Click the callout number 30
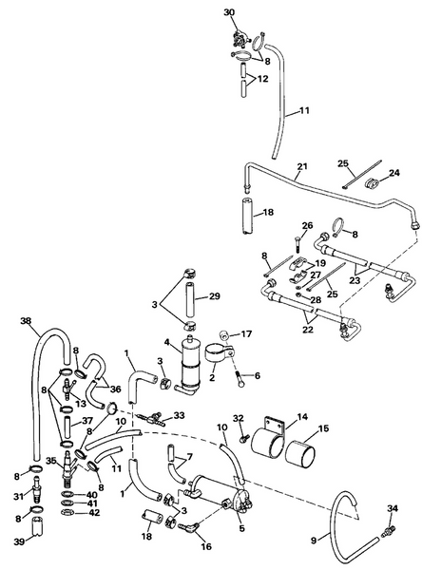pos(227,11)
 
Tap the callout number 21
pos(301,167)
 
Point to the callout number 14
pos(303,416)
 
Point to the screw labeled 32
pos(244,438)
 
